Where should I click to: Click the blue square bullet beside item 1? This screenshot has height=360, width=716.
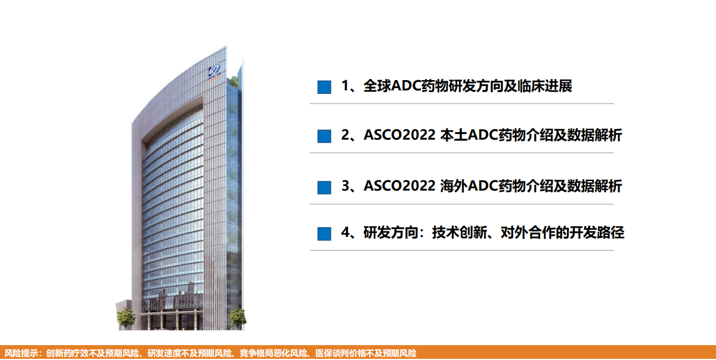tap(324, 87)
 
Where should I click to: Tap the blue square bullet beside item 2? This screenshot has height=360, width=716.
tap(324, 136)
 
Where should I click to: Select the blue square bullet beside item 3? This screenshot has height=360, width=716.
tap(324, 187)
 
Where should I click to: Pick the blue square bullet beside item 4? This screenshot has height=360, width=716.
tap(324, 234)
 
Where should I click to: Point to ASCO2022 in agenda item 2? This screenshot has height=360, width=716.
tap(399, 135)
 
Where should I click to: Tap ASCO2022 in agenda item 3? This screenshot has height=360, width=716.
tap(399, 186)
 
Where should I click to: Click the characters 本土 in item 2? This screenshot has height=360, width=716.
tap(454, 135)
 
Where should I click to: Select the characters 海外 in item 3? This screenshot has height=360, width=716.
tap(454, 186)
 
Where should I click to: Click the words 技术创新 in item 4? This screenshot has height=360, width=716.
tap(460, 232)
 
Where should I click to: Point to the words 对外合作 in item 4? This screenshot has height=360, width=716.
tap(528, 232)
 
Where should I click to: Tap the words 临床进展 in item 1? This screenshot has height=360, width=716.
tap(545, 86)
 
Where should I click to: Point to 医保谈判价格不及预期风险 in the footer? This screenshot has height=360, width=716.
tap(366, 353)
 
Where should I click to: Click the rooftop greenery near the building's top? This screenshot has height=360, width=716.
tap(234, 81)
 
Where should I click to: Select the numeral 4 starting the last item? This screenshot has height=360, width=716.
tap(345, 232)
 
